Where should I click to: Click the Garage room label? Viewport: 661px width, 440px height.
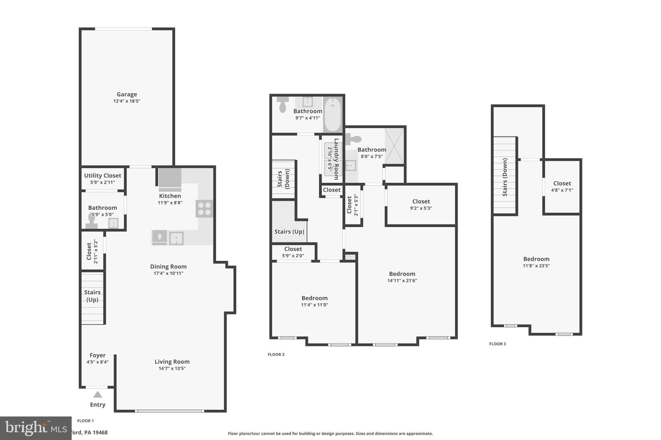(127, 94)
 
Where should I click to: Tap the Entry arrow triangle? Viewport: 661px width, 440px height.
(97, 395)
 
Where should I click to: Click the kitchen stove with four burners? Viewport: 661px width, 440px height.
(204, 209)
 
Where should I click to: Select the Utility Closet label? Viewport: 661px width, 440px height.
(103, 176)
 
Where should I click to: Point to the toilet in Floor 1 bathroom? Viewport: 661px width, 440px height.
(92, 221)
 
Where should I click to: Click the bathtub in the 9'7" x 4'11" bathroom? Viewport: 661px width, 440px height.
(332, 114)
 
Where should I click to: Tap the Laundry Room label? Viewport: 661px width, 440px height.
(336, 159)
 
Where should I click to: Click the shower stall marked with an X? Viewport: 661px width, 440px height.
(394, 146)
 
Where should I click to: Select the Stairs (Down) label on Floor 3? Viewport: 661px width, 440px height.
(505, 177)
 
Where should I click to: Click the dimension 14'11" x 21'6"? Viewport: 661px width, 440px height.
(402, 281)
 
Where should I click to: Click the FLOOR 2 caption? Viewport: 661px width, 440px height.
(276, 354)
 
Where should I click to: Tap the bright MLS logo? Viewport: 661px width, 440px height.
(36, 428)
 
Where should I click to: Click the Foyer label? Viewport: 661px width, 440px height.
(97, 355)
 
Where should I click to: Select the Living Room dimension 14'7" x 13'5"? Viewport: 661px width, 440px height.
(172, 368)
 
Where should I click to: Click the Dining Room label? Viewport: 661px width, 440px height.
(168, 267)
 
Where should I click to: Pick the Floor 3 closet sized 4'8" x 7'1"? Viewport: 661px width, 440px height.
(562, 187)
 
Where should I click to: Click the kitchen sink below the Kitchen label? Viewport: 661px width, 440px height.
(176, 239)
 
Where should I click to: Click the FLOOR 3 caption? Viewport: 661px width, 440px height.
(497, 344)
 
